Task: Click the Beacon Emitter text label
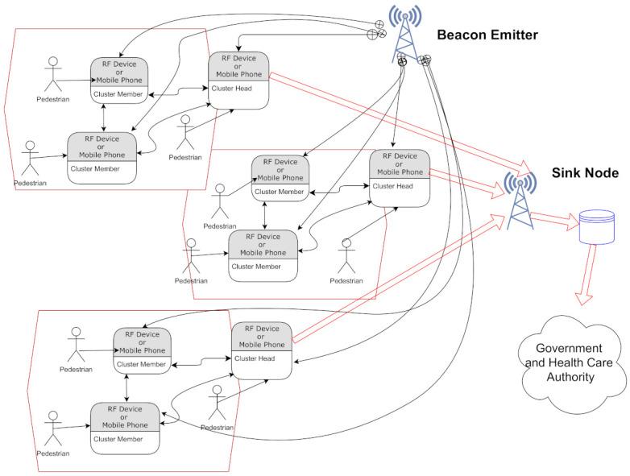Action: pyautogui.click(x=487, y=35)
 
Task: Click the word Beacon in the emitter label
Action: pyautogui.click(x=461, y=35)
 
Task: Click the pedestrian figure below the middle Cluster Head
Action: pyautogui.click(x=346, y=256)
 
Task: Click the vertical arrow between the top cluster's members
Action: pyautogui.click(x=104, y=118)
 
